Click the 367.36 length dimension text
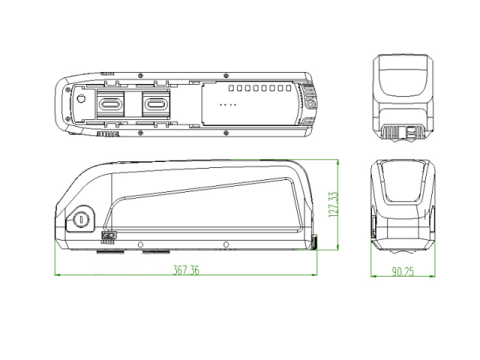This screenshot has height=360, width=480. (x=186, y=270)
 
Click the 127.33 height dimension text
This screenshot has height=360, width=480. (x=333, y=205)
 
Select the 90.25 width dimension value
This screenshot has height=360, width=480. (x=403, y=271)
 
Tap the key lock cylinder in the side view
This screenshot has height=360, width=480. (x=82, y=219)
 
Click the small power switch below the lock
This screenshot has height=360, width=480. (x=109, y=235)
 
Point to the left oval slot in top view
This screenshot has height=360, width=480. (x=111, y=104)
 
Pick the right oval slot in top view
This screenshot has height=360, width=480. (x=156, y=104)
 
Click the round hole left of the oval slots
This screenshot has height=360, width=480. (x=81, y=99)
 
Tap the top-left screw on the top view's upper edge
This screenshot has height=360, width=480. (x=140, y=75)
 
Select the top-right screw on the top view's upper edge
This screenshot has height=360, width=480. (x=226, y=75)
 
